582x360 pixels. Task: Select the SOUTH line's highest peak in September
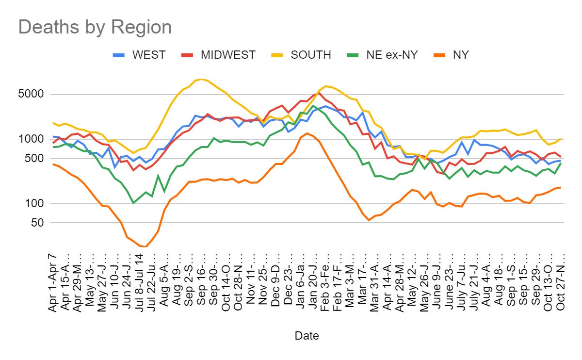tap(201, 79)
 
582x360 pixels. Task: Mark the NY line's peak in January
tap(307, 133)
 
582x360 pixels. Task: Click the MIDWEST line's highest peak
tap(319, 93)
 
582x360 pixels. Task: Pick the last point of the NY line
tap(560, 187)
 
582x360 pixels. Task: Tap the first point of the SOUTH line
tap(54, 123)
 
